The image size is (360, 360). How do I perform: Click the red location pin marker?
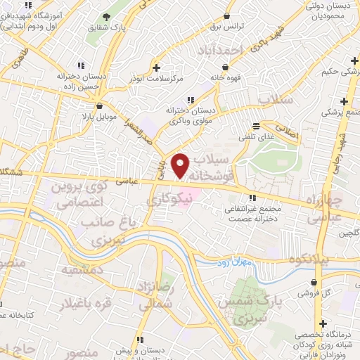[181, 165]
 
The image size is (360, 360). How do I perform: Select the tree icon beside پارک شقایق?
[105, 16]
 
